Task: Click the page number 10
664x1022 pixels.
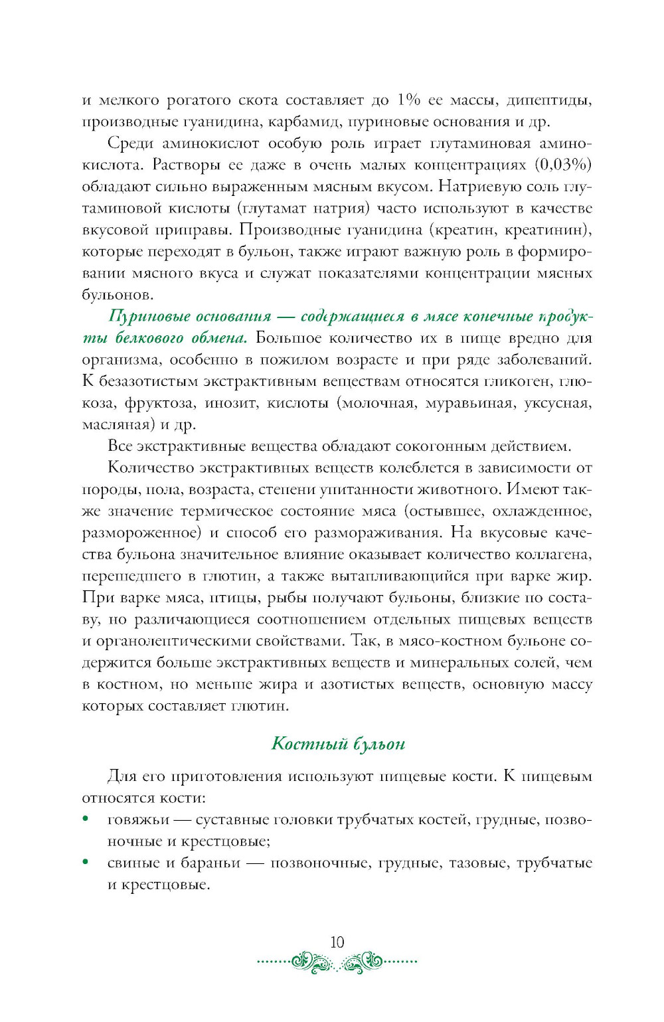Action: tap(337, 942)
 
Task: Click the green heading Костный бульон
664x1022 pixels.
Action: tap(338, 743)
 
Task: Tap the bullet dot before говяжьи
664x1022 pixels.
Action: tap(86, 819)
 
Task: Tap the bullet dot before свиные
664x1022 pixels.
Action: tap(86, 862)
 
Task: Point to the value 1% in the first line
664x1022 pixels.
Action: tap(408, 100)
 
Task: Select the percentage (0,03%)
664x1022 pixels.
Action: tap(563, 165)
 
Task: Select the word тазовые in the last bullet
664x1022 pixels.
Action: tap(477, 863)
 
